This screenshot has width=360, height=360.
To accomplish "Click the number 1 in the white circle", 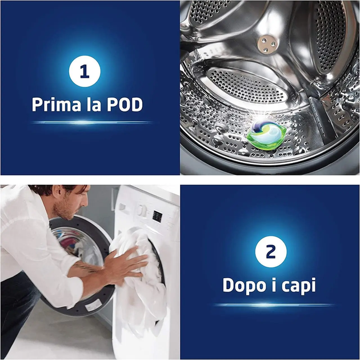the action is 85,71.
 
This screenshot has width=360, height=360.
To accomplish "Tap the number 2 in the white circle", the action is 271,251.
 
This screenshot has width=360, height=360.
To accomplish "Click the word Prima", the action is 57,105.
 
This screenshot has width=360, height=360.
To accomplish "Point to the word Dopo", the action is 245,285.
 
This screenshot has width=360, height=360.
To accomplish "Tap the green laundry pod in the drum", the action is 267,135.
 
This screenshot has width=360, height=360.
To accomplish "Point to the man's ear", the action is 55,193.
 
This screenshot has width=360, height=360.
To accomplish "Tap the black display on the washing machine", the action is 158,216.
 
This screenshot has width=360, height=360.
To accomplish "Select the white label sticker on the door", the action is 93,305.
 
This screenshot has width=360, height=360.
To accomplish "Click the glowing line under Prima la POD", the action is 91,122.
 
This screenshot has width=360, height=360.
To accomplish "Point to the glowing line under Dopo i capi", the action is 273,305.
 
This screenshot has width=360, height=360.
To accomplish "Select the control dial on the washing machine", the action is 142,210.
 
